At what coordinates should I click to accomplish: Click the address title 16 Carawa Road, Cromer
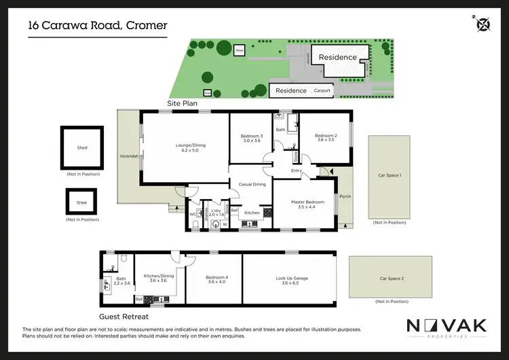coord(97,26)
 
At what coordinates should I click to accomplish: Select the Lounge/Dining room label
coord(184,147)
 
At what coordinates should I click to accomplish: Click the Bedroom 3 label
coord(251,138)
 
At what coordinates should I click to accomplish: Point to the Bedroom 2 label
coord(324,138)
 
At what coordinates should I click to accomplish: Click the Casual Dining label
coord(250,183)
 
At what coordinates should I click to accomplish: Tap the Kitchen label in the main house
coord(252,213)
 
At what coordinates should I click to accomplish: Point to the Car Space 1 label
coord(390,175)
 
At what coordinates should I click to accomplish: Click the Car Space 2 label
coord(391,278)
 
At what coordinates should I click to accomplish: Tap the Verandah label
coord(129,156)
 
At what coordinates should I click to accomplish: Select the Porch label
coord(345,196)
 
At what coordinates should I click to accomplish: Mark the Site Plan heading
coord(183,103)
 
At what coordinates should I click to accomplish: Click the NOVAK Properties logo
coord(445,328)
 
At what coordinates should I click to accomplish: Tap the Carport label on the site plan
coord(322,90)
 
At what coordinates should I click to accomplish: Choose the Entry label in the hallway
coord(296,170)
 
